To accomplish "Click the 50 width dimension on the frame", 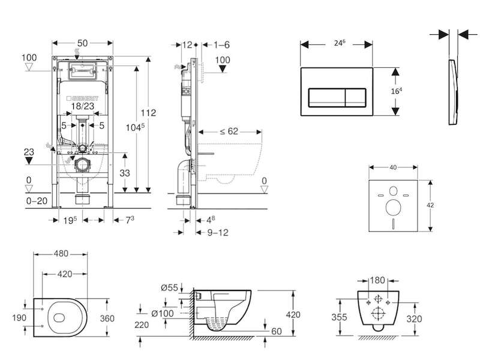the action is click(x=83, y=43).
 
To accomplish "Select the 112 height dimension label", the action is click(x=148, y=113).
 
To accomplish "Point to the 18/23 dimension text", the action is click(x=83, y=106).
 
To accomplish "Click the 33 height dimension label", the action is click(x=125, y=173).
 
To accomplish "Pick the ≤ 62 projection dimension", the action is click(x=229, y=131).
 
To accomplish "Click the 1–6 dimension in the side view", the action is click(x=221, y=45).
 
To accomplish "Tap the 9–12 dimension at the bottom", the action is click(x=218, y=233).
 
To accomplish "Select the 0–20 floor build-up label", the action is click(x=37, y=201).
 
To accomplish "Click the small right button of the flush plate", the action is click(x=356, y=98).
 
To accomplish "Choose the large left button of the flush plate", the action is click(x=326, y=98).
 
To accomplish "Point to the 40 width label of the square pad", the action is click(x=393, y=167).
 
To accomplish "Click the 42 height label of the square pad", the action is click(x=430, y=205).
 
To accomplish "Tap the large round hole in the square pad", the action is click(x=394, y=208).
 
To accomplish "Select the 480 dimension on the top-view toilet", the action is click(x=61, y=254).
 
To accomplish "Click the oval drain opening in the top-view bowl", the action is click(x=59, y=318).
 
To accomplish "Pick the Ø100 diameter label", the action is click(x=163, y=313).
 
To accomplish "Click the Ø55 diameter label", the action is click(x=169, y=288).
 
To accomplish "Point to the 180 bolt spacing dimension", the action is click(x=377, y=280).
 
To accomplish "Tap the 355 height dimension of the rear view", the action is click(x=339, y=317).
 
